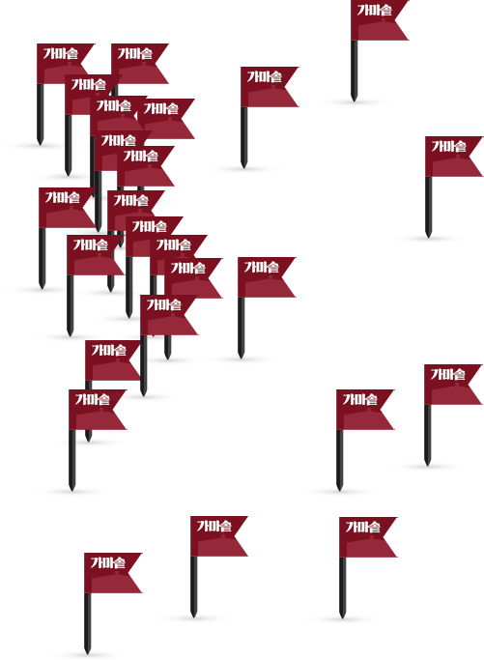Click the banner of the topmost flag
(377, 20)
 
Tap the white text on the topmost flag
(375, 10)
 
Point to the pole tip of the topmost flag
(354, 101)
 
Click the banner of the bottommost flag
(110, 573)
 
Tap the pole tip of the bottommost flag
(87, 653)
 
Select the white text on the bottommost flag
(108, 562)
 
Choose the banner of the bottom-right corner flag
(365, 537)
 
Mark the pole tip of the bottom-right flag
(342, 617)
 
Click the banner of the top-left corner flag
(63, 64)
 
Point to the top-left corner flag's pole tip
(40, 144)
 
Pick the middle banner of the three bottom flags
(216, 536)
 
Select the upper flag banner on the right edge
(451, 157)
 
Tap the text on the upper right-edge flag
(448, 147)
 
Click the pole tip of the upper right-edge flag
(428, 237)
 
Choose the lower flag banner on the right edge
(450, 385)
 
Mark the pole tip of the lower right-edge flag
(427, 465)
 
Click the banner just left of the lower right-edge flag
(362, 410)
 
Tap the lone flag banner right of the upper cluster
(267, 87)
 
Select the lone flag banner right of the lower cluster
(264, 277)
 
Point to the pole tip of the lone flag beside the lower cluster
(241, 358)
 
